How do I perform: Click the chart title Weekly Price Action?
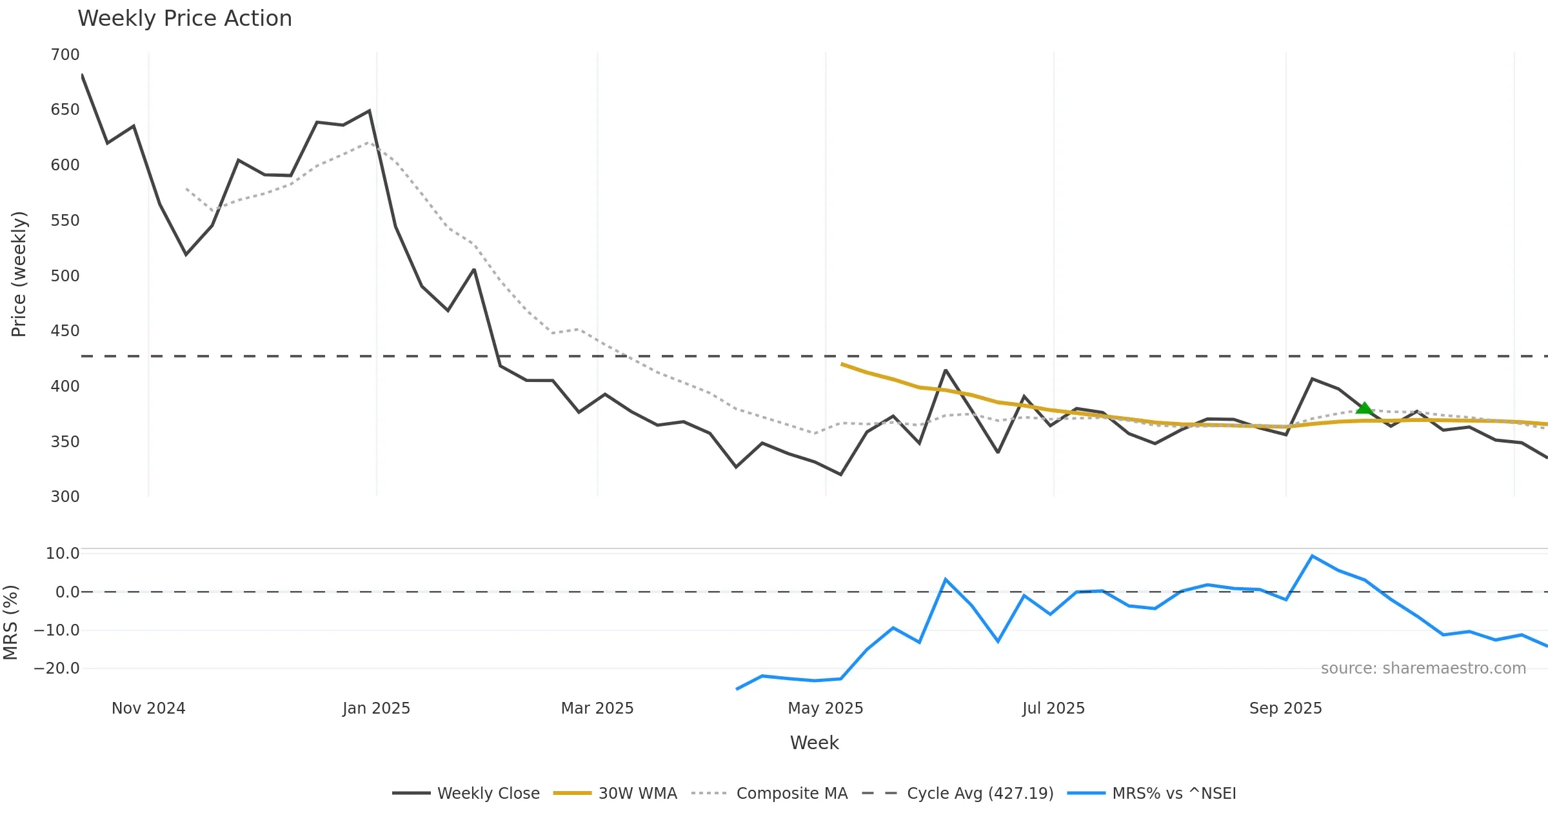point(184,19)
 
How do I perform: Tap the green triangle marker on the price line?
point(1364,408)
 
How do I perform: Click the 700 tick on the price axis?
point(65,55)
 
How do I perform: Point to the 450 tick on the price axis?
point(65,331)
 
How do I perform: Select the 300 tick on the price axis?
point(65,497)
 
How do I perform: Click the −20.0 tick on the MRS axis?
point(57,668)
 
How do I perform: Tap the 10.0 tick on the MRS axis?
point(63,554)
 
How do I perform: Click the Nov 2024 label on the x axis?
point(148,708)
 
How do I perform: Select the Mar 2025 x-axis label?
point(597,708)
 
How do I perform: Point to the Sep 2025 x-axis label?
point(1285,708)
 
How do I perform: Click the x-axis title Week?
point(814,743)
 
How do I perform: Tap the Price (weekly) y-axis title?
point(19,274)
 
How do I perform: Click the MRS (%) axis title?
point(11,623)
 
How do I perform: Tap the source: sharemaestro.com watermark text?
point(1423,668)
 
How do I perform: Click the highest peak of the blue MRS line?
point(1312,556)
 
